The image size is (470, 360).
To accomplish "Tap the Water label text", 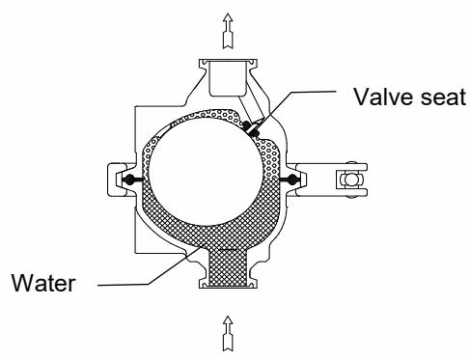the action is click(x=43, y=283).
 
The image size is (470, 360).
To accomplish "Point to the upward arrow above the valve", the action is click(x=228, y=31).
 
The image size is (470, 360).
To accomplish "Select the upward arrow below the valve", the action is click(x=228, y=333).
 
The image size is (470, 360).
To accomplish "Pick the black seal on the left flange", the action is click(x=131, y=180).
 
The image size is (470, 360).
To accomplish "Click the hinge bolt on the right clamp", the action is click(x=350, y=180).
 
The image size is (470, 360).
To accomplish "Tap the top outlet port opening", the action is click(x=228, y=79).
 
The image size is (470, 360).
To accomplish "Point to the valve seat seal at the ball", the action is click(x=250, y=127).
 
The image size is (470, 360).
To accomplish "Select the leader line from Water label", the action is click(x=151, y=266).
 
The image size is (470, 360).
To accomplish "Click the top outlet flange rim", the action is click(x=228, y=61).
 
